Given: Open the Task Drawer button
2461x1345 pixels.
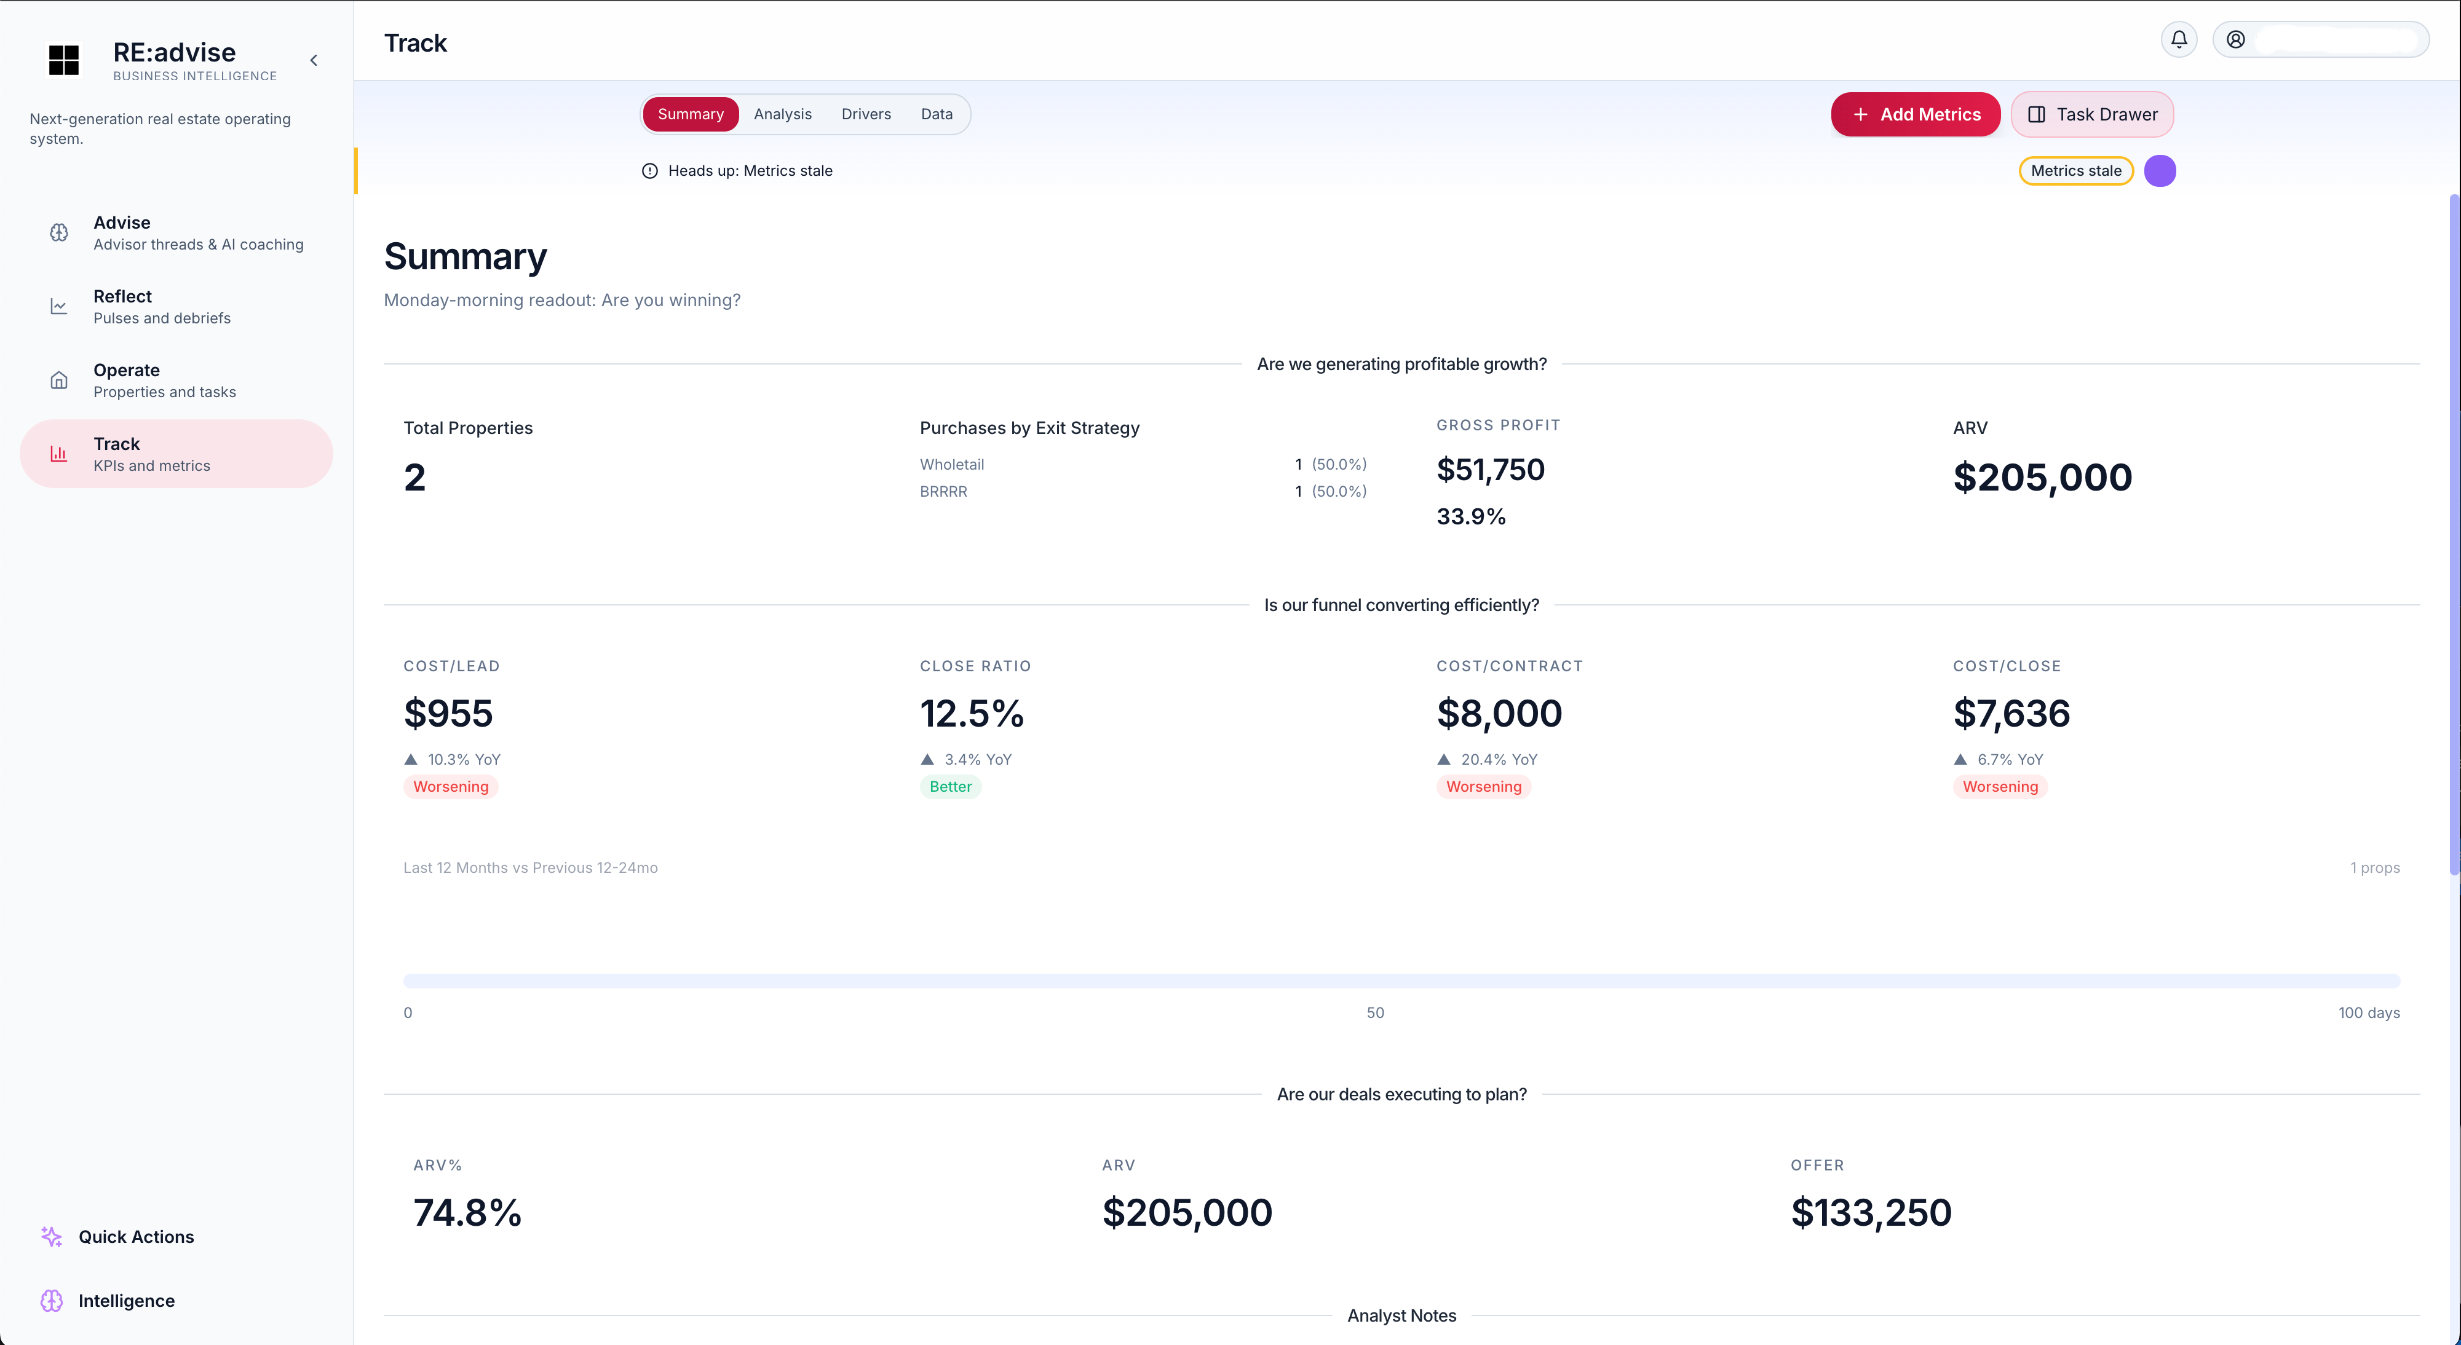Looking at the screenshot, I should point(2091,114).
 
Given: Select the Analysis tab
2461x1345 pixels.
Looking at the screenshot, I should point(782,114).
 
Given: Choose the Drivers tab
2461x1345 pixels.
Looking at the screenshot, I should point(866,114).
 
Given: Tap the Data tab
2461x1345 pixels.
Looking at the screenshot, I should point(936,114).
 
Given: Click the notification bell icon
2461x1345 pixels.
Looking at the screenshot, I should point(2178,39).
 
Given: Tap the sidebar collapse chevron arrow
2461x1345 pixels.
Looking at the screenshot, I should point(314,60).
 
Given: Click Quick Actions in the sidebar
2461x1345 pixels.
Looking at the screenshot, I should point(136,1237).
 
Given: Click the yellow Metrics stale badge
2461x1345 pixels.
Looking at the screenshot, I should point(2075,171).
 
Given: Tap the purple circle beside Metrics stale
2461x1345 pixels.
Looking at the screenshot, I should point(2159,171).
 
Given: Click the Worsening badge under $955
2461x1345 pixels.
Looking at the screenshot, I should point(450,787).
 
